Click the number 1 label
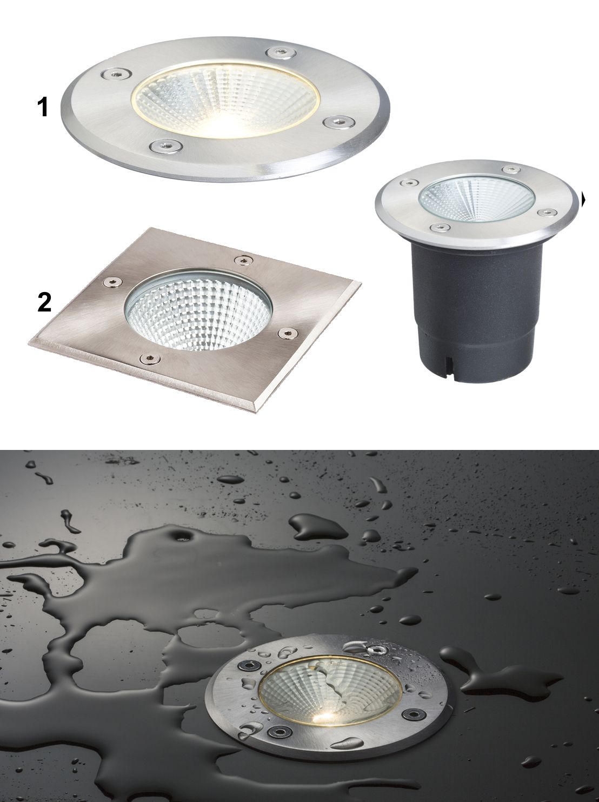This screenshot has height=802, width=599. coord(43,108)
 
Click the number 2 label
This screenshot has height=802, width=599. coord(44,303)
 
